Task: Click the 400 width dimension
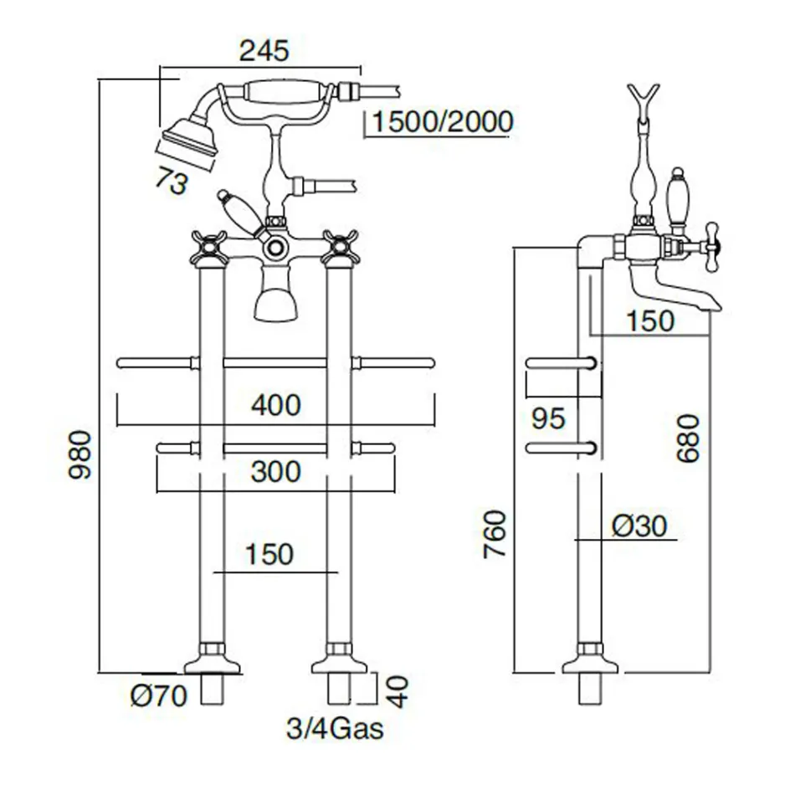click(275, 406)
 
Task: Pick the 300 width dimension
click(275, 472)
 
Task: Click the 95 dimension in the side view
click(549, 418)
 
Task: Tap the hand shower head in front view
click(189, 136)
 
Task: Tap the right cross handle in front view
click(340, 247)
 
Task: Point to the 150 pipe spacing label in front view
click(270, 553)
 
